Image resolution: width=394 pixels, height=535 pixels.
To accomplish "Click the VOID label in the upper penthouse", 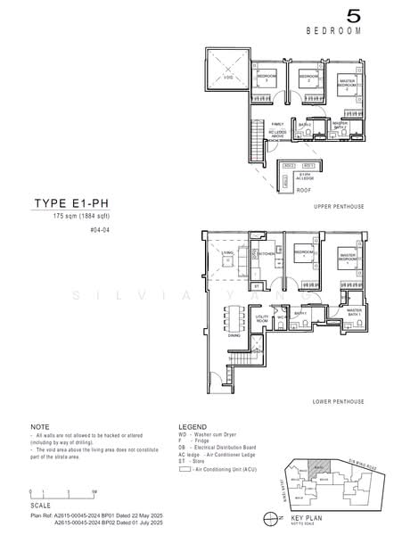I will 227,79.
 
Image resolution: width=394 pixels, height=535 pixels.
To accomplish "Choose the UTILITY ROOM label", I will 263,317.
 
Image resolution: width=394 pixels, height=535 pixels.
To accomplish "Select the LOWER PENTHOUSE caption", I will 338,402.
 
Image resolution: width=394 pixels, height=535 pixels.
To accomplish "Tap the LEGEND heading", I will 193,426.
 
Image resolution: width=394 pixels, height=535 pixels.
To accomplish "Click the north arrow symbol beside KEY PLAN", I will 269,516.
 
